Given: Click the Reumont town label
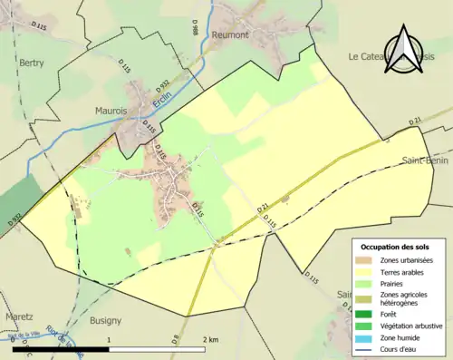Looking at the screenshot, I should [229, 34].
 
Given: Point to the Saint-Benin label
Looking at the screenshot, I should [427, 161].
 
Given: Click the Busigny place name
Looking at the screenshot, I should [106, 321].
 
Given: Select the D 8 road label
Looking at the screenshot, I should [174, 341].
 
